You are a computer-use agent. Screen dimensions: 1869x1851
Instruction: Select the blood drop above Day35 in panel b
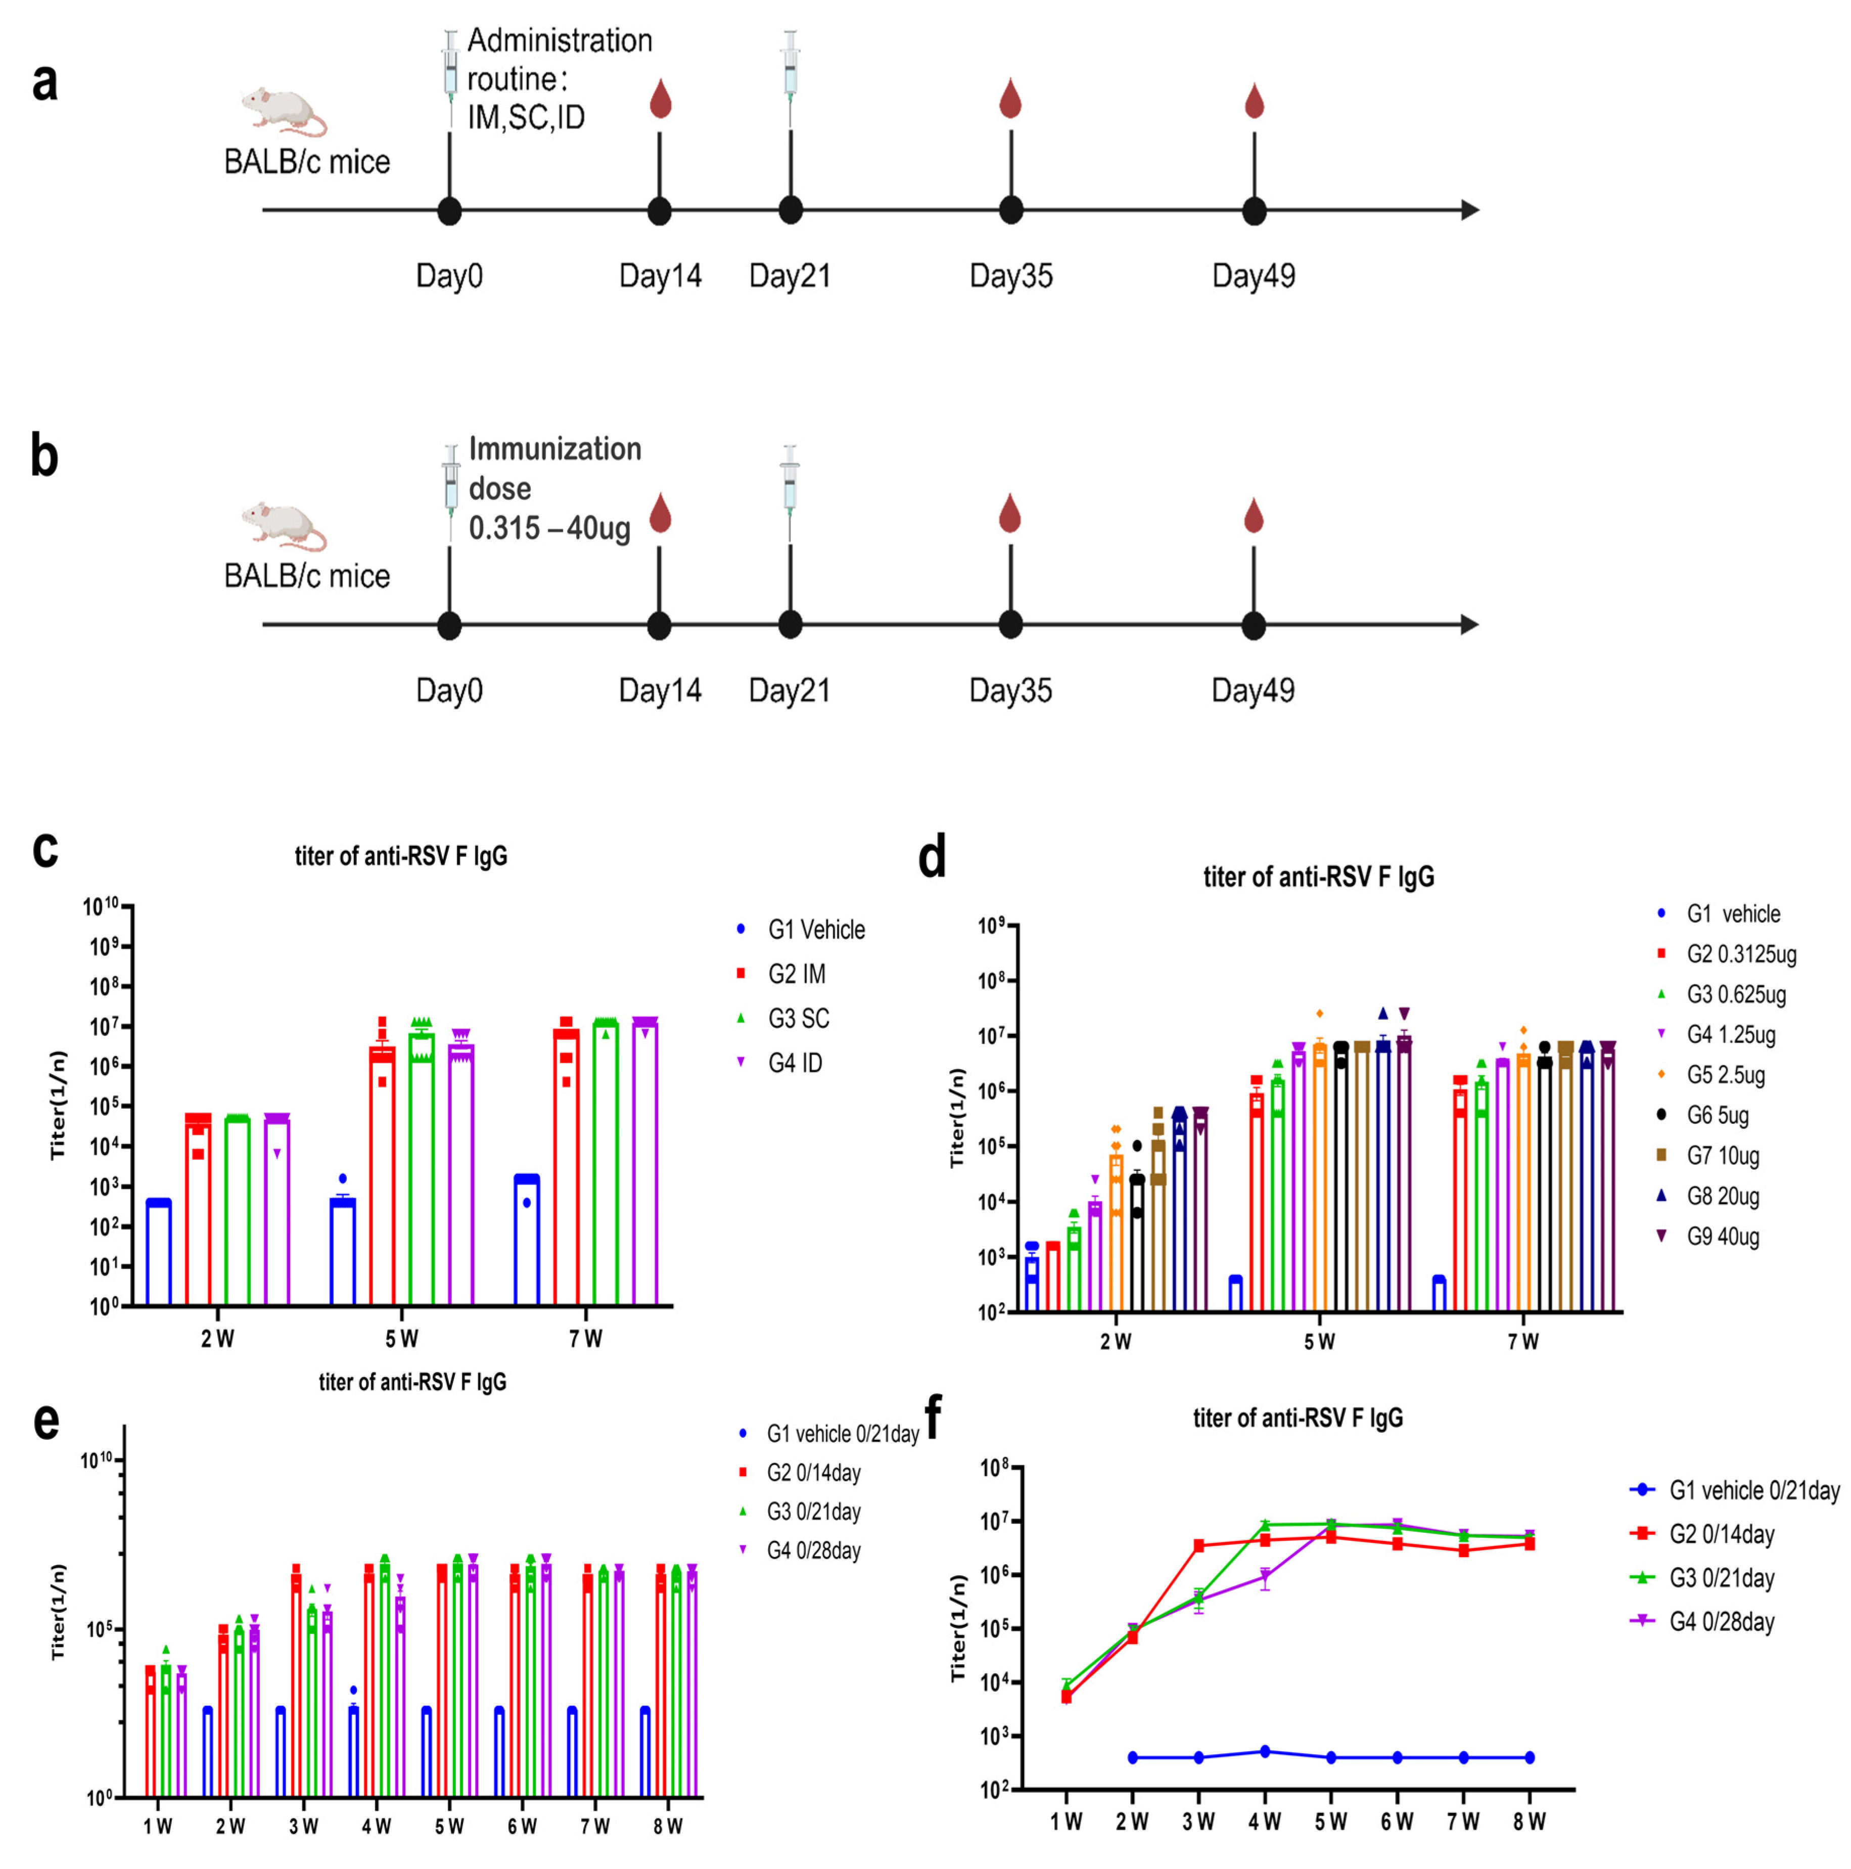click(1009, 513)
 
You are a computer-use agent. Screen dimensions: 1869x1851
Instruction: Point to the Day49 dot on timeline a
click(1254, 211)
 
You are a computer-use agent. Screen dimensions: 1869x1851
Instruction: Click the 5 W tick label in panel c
click(401, 1339)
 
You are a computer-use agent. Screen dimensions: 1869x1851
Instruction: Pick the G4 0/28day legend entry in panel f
click(1722, 1622)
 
